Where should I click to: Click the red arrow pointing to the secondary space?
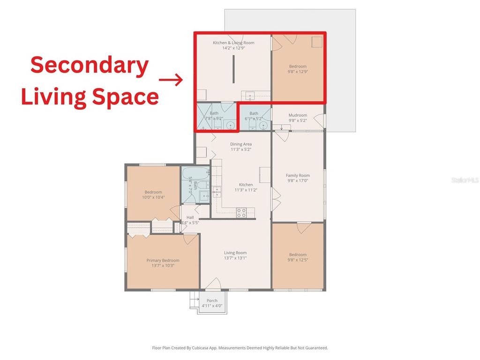[171, 80]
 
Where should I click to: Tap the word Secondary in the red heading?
[90, 65]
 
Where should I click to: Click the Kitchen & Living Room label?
[233, 43]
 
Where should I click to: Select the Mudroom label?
[298, 115]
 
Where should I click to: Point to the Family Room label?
[298, 176]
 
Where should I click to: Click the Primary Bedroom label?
[163, 261]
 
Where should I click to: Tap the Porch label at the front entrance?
[212, 301]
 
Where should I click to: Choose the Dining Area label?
[241, 144]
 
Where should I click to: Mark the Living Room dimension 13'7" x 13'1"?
[235, 258]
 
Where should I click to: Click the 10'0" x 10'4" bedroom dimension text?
[153, 197]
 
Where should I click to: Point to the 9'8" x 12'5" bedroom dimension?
[298, 260]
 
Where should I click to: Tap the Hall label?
[190, 217]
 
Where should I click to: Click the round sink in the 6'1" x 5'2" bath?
[264, 126]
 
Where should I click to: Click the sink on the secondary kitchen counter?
[250, 95]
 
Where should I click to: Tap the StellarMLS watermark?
[465, 180]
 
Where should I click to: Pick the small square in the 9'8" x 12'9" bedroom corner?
[317, 42]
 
